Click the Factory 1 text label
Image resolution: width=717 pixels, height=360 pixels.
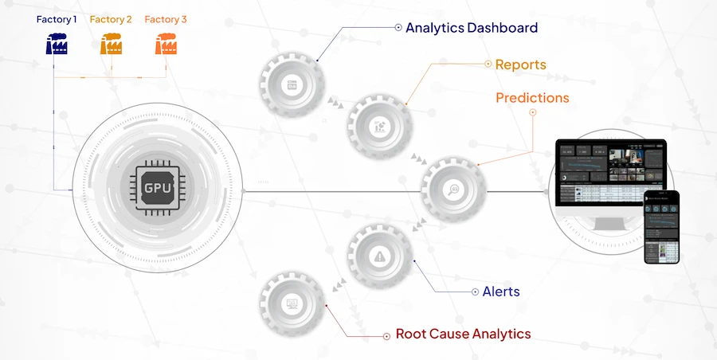tap(57, 19)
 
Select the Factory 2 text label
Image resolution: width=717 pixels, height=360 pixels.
tap(111, 19)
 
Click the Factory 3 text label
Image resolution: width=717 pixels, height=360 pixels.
tap(166, 19)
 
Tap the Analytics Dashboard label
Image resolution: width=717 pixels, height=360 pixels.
tap(472, 28)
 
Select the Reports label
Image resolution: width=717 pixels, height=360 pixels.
tap(521, 65)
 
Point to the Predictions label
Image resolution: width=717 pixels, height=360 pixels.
tap(532, 98)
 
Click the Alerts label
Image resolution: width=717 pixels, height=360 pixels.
tap(501, 292)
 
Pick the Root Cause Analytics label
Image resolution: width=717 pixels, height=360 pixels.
tap(463, 334)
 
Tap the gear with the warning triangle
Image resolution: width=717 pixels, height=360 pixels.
tap(380, 256)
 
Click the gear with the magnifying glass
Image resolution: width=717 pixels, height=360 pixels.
tap(453, 190)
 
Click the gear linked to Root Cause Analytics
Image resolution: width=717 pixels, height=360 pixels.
tap(292, 303)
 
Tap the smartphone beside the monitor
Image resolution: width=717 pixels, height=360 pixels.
tap(662, 227)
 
